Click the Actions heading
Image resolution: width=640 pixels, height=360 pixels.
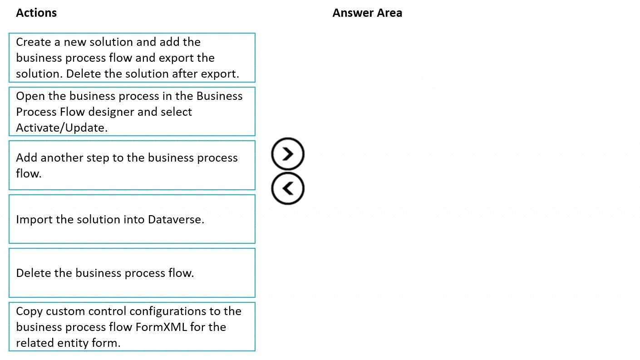(x=36, y=13)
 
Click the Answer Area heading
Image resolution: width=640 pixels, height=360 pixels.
(x=367, y=13)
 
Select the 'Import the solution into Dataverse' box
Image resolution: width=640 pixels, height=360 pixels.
(x=132, y=219)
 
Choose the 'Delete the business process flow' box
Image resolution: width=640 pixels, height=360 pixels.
(x=132, y=273)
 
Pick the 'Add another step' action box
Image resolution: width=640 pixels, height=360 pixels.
(x=132, y=165)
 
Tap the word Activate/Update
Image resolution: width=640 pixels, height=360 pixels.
(x=62, y=128)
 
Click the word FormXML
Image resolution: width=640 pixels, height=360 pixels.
(x=161, y=327)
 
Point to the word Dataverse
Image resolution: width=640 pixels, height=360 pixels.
(x=176, y=219)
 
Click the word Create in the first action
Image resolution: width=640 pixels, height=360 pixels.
(x=33, y=42)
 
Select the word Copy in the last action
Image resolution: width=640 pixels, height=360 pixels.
(x=29, y=311)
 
